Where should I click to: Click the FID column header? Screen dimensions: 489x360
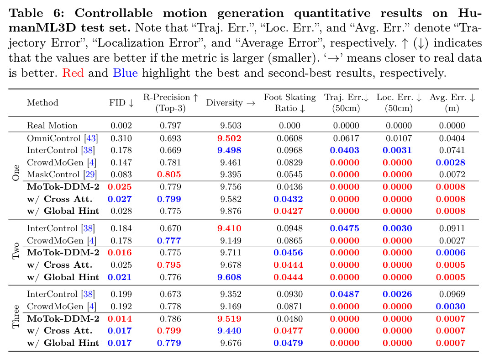(121, 103)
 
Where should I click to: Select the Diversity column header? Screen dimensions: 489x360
(231, 103)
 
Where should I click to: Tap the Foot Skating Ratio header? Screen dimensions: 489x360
(290, 103)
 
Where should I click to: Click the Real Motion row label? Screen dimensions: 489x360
(52, 126)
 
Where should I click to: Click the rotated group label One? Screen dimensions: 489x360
(16, 173)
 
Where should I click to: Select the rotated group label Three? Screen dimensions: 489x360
(16, 316)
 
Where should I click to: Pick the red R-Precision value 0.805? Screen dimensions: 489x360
(169, 175)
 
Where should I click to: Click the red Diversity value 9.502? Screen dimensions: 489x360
(229, 138)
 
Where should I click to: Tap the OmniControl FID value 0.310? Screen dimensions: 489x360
(121, 138)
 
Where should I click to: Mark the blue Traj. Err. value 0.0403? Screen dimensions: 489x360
(345, 150)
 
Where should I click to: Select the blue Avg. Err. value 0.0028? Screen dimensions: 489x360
(451, 162)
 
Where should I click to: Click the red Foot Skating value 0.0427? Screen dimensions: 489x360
(288, 211)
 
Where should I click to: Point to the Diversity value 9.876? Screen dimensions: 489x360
(231, 211)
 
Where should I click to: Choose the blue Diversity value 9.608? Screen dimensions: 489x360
(229, 277)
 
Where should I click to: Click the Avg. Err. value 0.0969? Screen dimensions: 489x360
(452, 294)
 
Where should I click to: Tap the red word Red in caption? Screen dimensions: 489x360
(73, 73)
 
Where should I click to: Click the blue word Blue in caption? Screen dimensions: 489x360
(126, 73)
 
